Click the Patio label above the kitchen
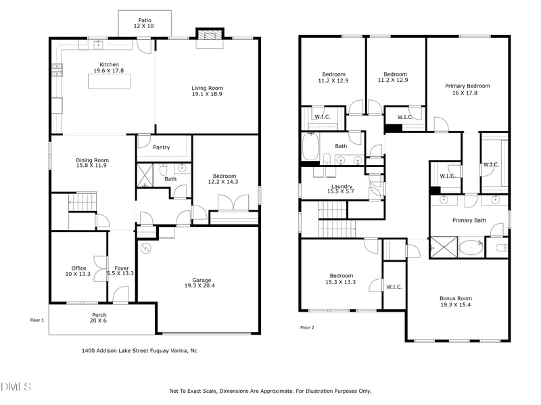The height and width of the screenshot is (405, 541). pyautogui.click(x=145, y=20)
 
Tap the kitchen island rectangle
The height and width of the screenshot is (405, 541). pyautogui.click(x=110, y=81)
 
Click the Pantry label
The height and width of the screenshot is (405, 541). pyautogui.click(x=162, y=147)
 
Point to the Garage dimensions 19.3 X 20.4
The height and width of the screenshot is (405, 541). pyautogui.click(x=202, y=287)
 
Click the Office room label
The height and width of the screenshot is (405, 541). pyautogui.click(x=78, y=268)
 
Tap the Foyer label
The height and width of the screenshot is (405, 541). pyautogui.click(x=121, y=268)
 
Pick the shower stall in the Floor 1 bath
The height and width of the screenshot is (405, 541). pyautogui.click(x=146, y=174)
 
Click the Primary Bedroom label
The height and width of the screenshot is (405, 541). pyautogui.click(x=467, y=86)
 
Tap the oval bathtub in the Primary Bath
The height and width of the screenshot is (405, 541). pyautogui.click(x=471, y=248)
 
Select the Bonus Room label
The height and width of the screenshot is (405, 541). pyautogui.click(x=456, y=298)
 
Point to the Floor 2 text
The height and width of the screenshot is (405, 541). pyautogui.click(x=307, y=328)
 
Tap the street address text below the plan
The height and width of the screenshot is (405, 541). pyautogui.click(x=139, y=350)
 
